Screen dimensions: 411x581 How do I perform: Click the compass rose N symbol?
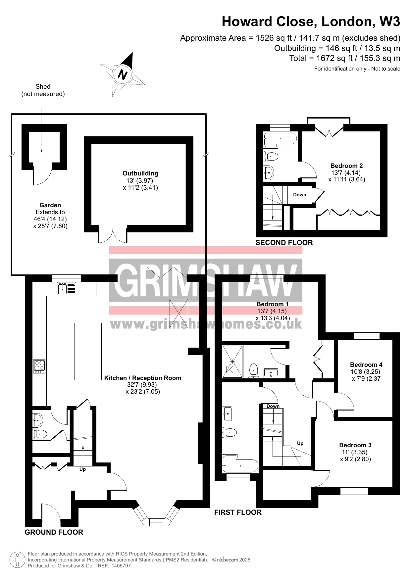click(123, 74)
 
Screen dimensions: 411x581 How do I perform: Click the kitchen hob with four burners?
click(39, 366)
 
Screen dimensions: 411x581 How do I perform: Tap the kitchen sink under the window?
click(67, 288)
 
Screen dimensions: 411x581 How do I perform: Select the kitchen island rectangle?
click(88, 351)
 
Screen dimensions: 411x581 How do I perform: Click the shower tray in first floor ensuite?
click(232, 362)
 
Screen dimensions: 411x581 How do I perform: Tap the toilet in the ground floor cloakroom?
click(40, 434)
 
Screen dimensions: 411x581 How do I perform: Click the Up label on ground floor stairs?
click(82, 469)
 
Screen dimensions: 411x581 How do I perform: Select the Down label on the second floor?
click(300, 195)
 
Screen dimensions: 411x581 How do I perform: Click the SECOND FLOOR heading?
click(284, 243)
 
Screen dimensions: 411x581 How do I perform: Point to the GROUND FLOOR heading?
click(54, 532)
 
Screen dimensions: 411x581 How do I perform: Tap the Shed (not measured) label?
click(43, 90)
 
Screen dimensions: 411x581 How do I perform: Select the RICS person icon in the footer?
click(17, 560)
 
